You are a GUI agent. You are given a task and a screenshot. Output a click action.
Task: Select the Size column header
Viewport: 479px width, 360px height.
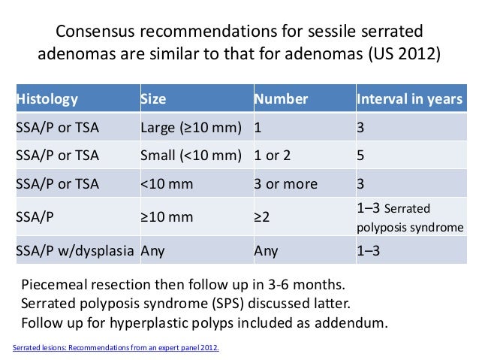pos(153,99)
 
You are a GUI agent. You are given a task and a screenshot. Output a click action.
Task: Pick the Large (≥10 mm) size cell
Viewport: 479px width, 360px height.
pos(191,128)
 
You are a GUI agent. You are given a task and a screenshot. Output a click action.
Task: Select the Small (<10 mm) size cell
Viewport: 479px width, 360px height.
pos(191,156)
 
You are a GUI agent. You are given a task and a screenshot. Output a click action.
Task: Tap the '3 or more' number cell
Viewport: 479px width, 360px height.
pos(285,184)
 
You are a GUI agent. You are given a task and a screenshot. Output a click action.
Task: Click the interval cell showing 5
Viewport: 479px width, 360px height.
pos(361,156)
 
